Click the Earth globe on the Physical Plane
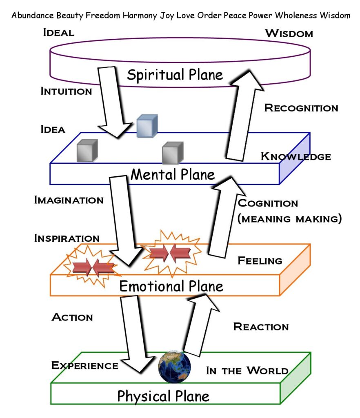coord(175,367)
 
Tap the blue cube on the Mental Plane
coord(147,126)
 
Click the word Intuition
coord(66,91)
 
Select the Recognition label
coord(301,108)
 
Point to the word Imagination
coord(69,200)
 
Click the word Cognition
coord(268,203)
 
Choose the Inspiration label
coord(67,238)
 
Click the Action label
coord(72,317)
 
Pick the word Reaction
coord(261,327)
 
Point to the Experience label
coord(85,365)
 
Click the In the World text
coord(247,371)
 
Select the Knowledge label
coord(296,156)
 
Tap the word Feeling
coord(260,260)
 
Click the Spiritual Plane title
coord(175,75)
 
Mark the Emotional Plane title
coord(171,286)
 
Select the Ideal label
coord(59,33)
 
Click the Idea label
coord(53,129)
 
